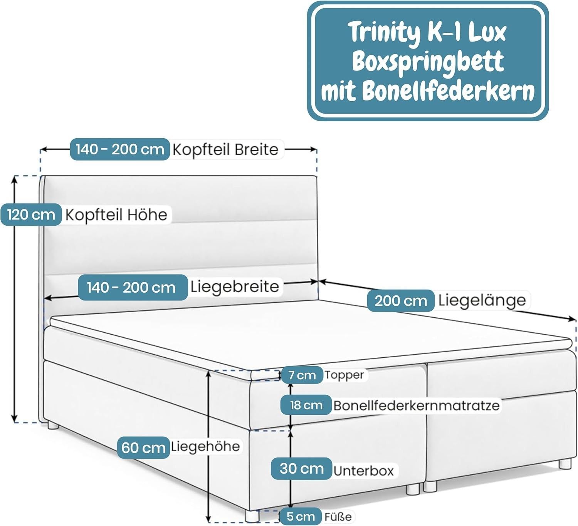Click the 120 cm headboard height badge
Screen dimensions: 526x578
coord(31,214)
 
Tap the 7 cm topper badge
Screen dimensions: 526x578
coord(301,375)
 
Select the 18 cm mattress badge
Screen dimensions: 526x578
coord(306,405)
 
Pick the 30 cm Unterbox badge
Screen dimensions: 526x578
coord(301,469)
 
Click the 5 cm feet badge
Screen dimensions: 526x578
coord(301,516)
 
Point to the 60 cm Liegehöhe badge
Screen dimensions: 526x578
coord(143,447)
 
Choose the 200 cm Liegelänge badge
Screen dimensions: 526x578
coord(401,301)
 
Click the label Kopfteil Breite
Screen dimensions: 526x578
coord(225,149)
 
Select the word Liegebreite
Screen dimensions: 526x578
coord(235,287)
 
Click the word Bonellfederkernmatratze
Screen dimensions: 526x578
coord(417,405)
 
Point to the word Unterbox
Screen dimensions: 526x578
coord(363,471)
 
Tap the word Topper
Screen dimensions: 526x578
coord(344,375)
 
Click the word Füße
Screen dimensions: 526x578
coord(338,517)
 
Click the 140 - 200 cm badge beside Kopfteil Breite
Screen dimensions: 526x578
coord(120,149)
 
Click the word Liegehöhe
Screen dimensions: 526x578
coord(205,447)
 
